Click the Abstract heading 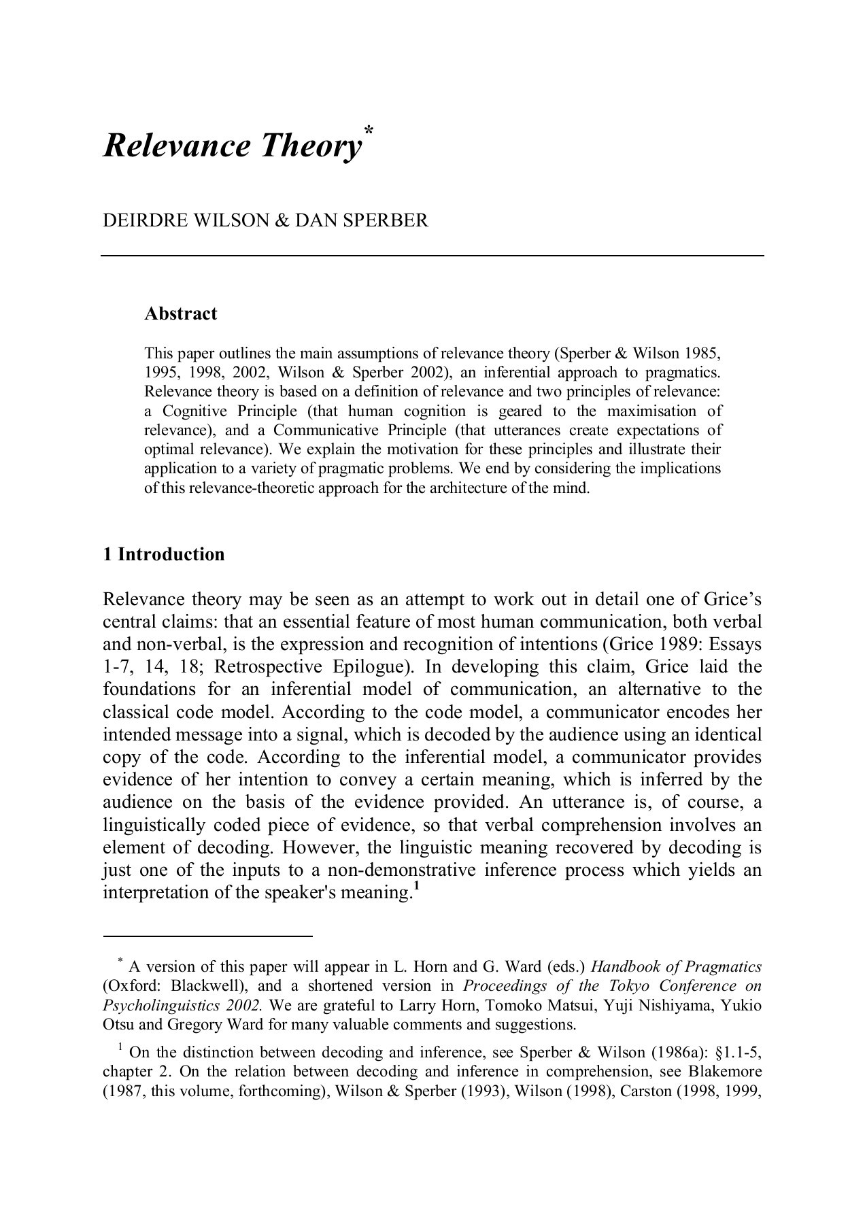[x=180, y=313]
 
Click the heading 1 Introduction [x=163, y=554]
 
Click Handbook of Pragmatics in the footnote [x=676, y=967]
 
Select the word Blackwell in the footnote [x=203, y=986]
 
